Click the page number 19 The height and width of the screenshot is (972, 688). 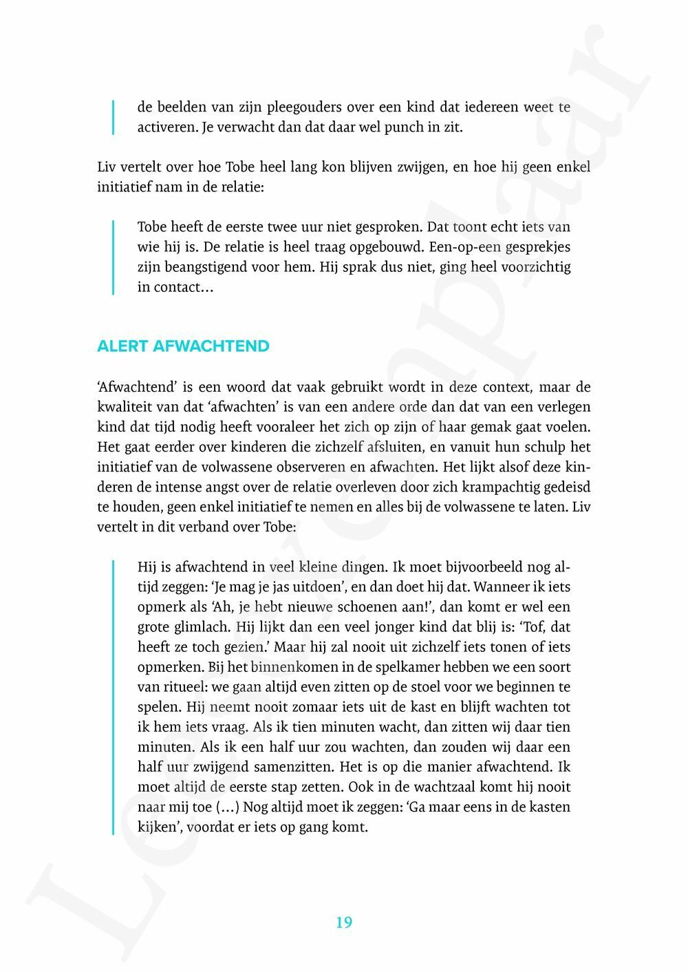click(x=344, y=922)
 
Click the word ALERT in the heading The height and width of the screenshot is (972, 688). click(x=122, y=346)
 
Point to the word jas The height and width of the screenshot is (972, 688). click(x=280, y=587)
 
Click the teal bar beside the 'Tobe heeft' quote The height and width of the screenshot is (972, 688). click(x=114, y=257)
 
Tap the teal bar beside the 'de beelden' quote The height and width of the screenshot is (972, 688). click(x=114, y=117)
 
